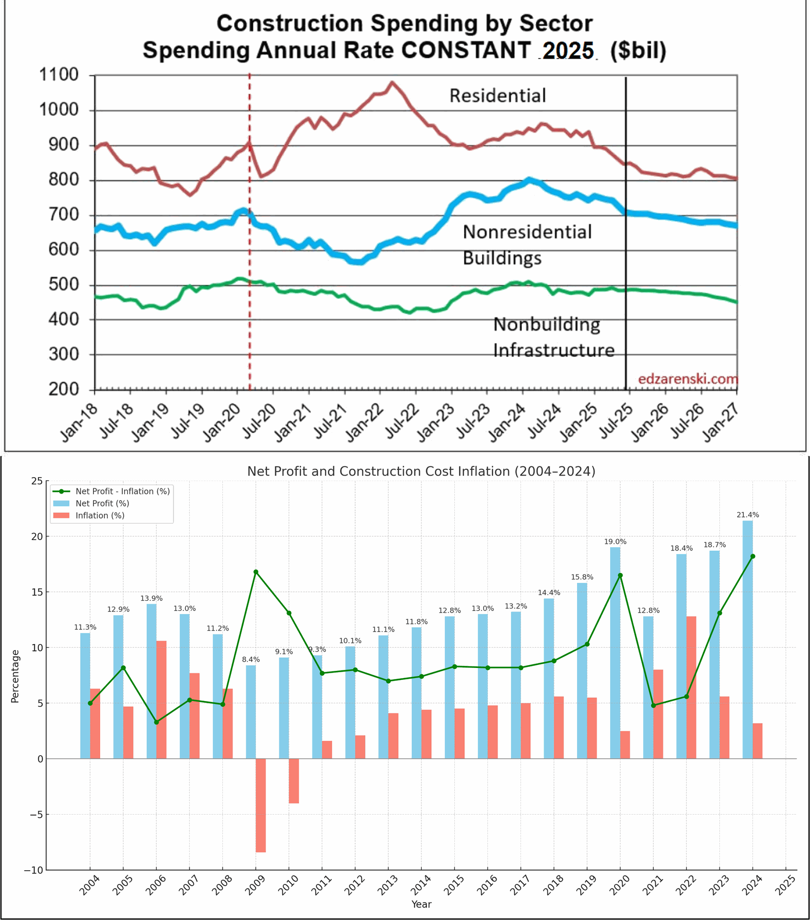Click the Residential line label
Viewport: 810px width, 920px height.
(498, 96)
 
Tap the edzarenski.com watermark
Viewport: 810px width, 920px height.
(688, 379)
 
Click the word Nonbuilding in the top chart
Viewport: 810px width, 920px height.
(546, 325)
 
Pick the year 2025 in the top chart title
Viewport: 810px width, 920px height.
(568, 50)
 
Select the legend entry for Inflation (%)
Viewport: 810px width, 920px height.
(100, 516)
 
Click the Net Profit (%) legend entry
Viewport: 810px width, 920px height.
(102, 503)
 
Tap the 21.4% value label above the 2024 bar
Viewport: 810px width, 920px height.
(748, 515)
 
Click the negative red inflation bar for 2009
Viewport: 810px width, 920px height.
(261, 805)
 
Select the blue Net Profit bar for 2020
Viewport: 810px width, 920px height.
(615, 653)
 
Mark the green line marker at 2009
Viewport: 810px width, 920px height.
(256, 572)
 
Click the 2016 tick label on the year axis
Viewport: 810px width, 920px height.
(487, 885)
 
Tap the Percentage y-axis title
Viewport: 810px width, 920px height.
(15, 676)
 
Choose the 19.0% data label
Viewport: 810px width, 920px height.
(615, 541)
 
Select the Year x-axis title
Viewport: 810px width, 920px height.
(421, 904)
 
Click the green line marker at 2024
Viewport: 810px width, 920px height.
(752, 556)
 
